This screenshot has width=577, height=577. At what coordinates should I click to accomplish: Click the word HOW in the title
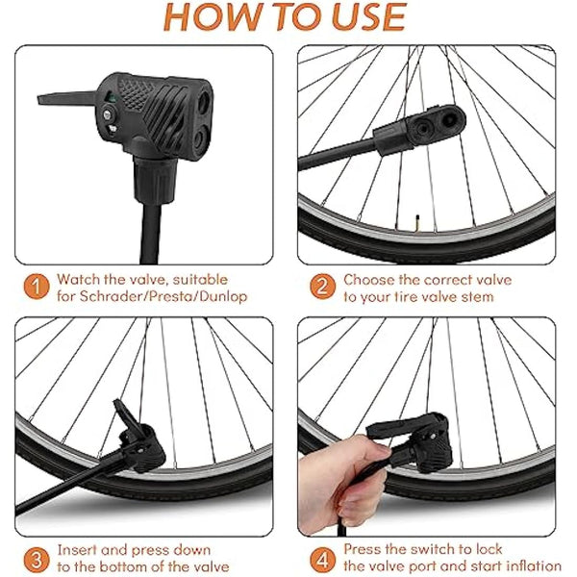211,17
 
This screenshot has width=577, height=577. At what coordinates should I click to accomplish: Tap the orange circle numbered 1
35,288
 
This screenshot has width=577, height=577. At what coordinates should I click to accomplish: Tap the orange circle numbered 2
320,288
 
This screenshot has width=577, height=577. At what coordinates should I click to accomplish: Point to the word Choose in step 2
369,280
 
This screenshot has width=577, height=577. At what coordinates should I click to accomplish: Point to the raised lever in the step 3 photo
126,414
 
